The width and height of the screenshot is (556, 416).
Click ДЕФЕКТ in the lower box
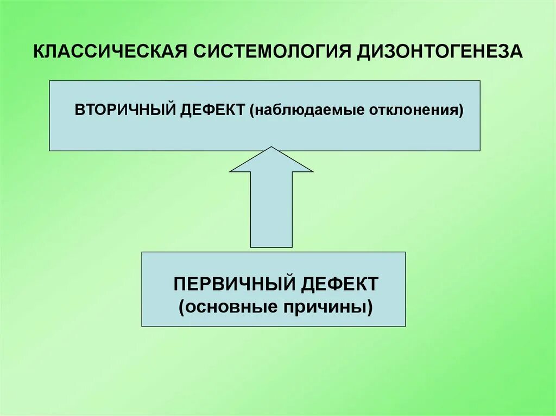(340, 284)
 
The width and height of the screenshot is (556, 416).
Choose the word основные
(230, 307)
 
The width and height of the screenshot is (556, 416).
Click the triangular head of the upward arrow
(271, 161)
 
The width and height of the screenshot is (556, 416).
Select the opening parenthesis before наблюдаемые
(253, 110)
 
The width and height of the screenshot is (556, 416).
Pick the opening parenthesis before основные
(182, 308)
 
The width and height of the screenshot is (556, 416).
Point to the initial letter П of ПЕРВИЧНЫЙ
(180, 284)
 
